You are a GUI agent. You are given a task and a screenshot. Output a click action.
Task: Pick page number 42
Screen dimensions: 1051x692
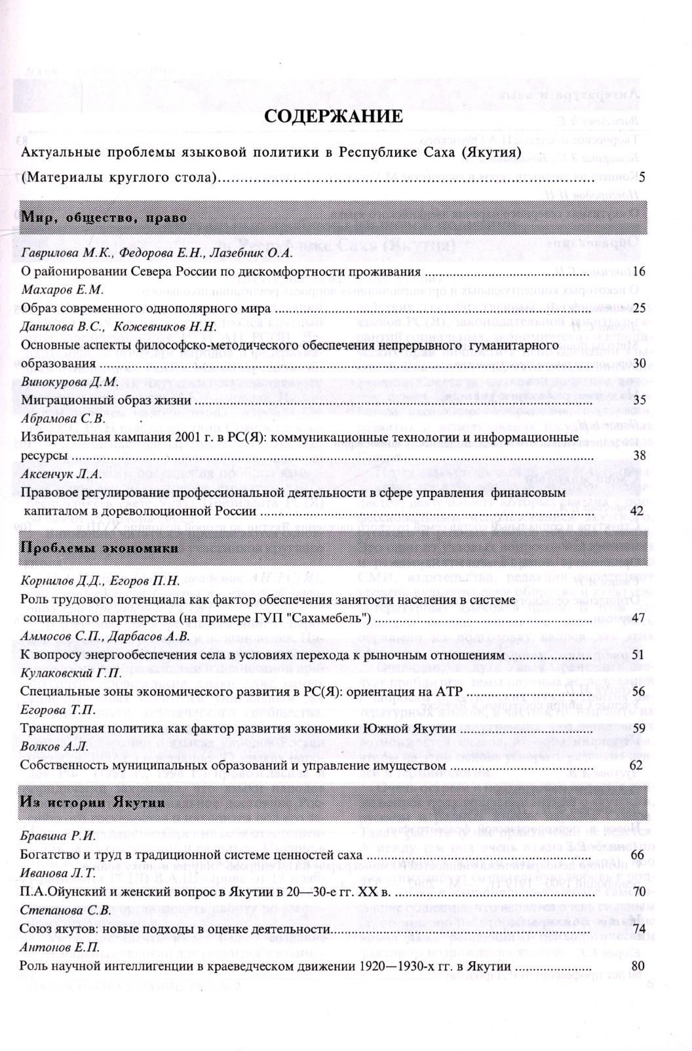click(x=640, y=510)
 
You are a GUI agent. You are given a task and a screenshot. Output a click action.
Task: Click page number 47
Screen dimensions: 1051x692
click(x=640, y=618)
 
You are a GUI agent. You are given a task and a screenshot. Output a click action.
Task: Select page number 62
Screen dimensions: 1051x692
click(x=640, y=764)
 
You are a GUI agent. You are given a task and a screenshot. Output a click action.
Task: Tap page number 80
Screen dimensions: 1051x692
click(x=640, y=966)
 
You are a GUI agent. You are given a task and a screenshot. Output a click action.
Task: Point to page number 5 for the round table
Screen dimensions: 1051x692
click(x=643, y=176)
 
